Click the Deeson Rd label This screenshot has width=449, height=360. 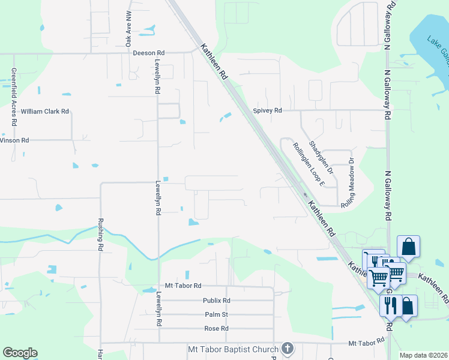tap(148, 53)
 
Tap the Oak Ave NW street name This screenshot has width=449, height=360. tap(128, 28)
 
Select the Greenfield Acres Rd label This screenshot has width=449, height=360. tap(13, 95)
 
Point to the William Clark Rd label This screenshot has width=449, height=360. tap(45, 112)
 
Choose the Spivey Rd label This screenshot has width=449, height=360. tap(267, 110)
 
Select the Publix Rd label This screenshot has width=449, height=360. tap(217, 301)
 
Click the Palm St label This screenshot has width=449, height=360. tap(217, 314)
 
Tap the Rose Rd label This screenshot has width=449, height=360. tap(217, 329)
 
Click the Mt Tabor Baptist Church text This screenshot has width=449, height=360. tap(233, 349)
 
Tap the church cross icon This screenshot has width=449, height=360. tap(288, 348)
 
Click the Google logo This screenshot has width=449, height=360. tap(20, 353)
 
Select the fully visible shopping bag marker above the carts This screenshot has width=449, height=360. tap(408, 246)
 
